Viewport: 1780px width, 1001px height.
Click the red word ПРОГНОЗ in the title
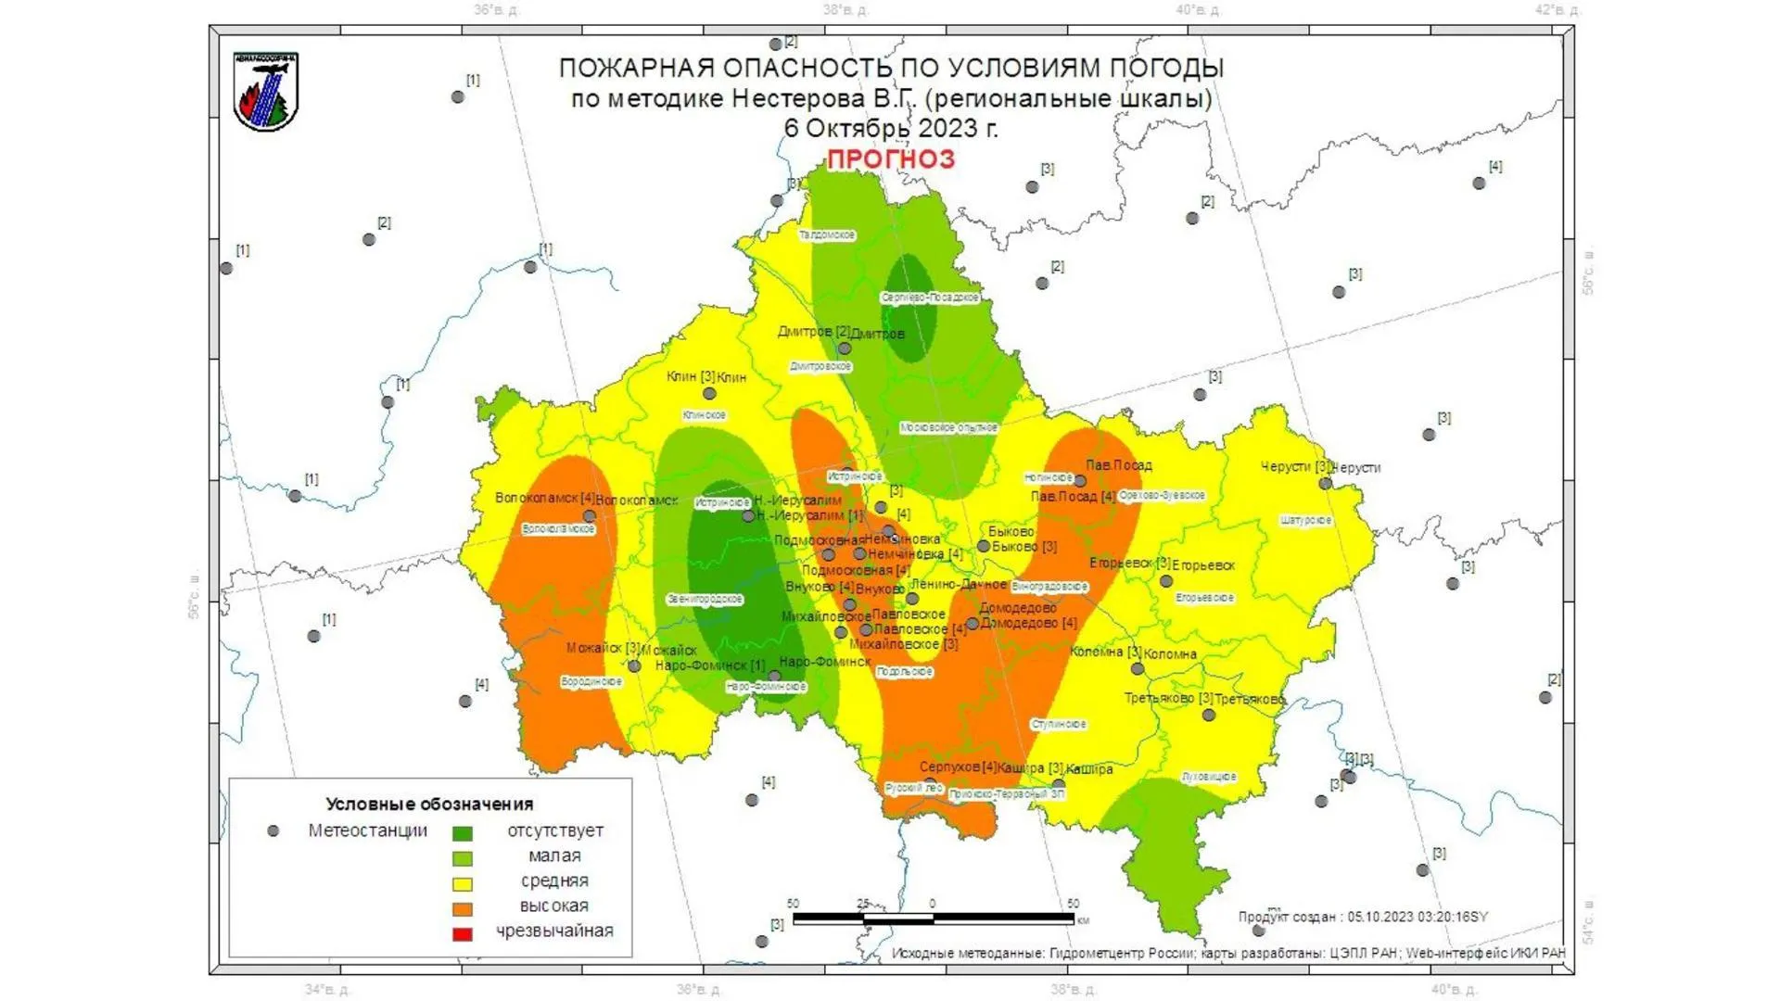tap(891, 159)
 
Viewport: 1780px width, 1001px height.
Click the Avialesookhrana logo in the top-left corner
tap(266, 92)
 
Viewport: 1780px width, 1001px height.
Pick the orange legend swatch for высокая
tap(462, 909)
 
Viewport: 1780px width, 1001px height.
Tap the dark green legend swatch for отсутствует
tap(462, 833)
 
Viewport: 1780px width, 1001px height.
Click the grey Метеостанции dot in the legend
tap(273, 831)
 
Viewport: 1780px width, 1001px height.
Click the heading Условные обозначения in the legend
tap(429, 804)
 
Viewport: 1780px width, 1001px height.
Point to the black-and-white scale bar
tap(934, 919)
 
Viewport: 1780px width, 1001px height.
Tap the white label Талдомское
tap(827, 235)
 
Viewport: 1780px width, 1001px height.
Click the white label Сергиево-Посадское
tap(930, 298)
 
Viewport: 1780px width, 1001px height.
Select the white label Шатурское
tap(1306, 521)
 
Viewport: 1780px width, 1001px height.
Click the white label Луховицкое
tap(1209, 777)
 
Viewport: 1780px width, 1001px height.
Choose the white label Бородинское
tap(591, 682)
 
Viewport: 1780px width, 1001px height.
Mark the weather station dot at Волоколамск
tap(590, 516)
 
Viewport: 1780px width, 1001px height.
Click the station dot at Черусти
tap(1326, 483)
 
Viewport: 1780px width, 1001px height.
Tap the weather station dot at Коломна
tap(1137, 668)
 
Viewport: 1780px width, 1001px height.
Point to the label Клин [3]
tap(691, 376)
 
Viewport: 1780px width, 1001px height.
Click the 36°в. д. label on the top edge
tap(497, 10)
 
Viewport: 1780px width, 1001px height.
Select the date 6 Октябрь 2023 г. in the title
tap(891, 129)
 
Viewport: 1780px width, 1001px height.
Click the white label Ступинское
tap(1059, 725)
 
